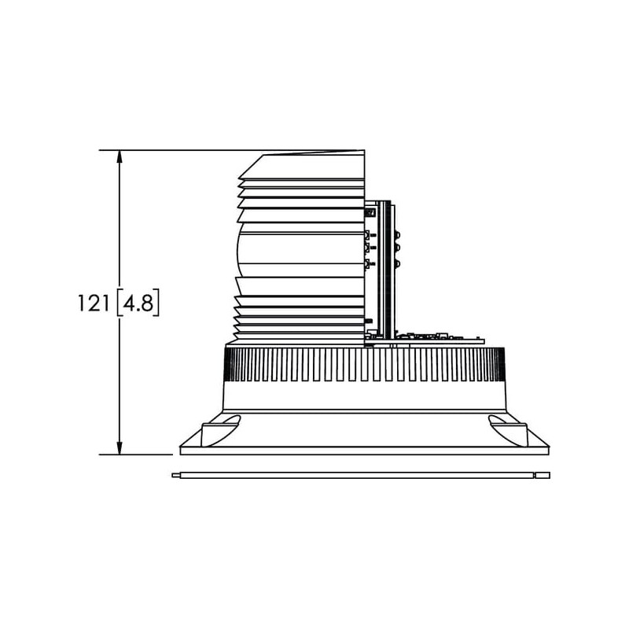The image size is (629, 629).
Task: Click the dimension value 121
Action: coord(93,303)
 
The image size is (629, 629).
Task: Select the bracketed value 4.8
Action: coord(138,303)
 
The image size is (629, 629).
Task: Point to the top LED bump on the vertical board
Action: coord(398,234)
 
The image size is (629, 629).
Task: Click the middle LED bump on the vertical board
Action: coord(398,248)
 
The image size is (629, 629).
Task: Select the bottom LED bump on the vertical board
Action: coord(398,264)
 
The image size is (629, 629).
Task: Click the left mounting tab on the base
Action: coord(220,431)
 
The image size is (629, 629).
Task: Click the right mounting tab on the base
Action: coord(508,431)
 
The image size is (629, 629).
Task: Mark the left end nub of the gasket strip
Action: coord(176,476)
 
